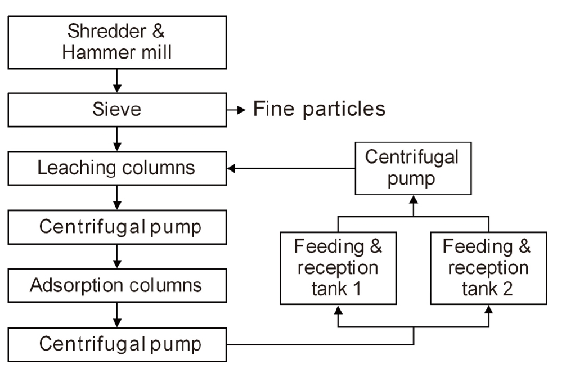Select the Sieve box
[x=117, y=109]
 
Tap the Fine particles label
[x=319, y=109]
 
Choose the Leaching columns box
[x=117, y=168]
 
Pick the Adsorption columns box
[x=117, y=285]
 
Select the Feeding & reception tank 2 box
[x=488, y=268]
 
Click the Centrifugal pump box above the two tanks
[x=412, y=168]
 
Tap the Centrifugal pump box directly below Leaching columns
[x=117, y=227]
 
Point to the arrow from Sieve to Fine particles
[x=237, y=109]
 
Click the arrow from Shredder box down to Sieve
[x=117, y=81]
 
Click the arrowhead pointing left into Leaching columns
[x=231, y=168]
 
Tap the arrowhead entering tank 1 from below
[x=338, y=309]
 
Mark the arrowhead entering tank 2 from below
[x=488, y=309]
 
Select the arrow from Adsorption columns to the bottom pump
[x=117, y=314]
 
